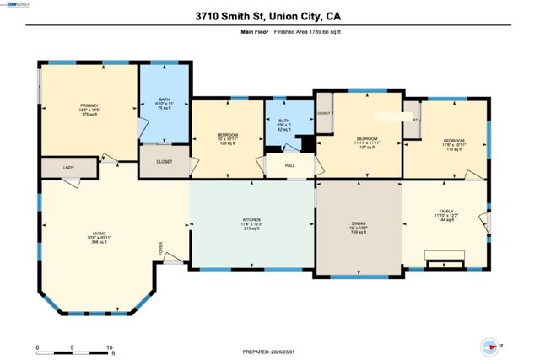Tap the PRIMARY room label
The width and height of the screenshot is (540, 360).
click(x=89, y=105)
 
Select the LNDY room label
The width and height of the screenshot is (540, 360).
click(x=68, y=168)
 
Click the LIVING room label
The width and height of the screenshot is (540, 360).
click(x=99, y=234)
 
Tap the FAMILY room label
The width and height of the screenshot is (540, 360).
click(x=445, y=211)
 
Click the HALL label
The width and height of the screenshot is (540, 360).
click(x=289, y=166)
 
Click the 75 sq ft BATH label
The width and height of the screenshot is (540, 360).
click(x=165, y=99)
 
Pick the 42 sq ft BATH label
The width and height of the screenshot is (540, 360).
click(x=284, y=121)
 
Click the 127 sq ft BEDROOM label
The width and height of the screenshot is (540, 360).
click(x=366, y=138)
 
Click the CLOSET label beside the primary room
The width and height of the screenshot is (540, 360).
click(x=165, y=161)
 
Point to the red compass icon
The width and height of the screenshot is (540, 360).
click(x=489, y=346)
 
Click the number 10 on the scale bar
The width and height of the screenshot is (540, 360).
click(x=110, y=347)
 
